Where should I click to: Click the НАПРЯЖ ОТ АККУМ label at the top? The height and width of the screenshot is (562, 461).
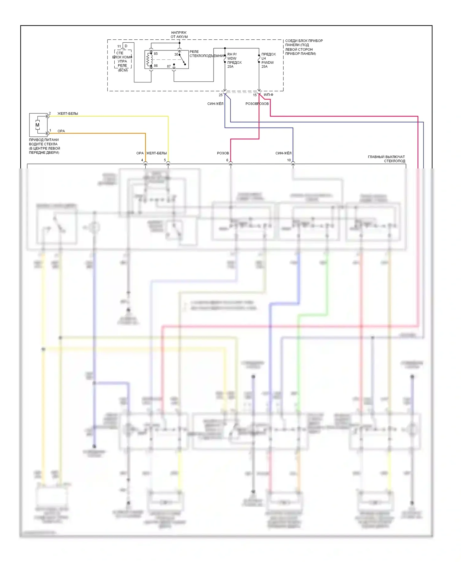pyautogui.click(x=179, y=34)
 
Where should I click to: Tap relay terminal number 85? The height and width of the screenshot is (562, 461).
pyautogui.click(x=156, y=54)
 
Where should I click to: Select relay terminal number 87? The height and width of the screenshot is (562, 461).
pyautogui.click(x=169, y=66)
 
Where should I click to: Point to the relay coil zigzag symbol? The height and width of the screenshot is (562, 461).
pyautogui.click(x=149, y=60)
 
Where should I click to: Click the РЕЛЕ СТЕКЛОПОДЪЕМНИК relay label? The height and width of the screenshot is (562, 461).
pyautogui.click(x=207, y=54)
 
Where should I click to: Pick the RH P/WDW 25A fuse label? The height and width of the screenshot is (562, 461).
pyautogui.click(x=234, y=60)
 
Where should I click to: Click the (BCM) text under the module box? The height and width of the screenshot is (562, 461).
pyautogui.click(x=123, y=70)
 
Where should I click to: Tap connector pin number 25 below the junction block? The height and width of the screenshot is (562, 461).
pyautogui.click(x=221, y=95)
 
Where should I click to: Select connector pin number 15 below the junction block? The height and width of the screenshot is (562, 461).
pyautogui.click(x=255, y=95)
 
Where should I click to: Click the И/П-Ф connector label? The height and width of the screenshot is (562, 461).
pyautogui.click(x=268, y=95)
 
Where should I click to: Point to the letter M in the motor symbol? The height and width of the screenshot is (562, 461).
pyautogui.click(x=37, y=125)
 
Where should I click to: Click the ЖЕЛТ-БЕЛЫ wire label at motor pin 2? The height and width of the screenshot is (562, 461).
pyautogui.click(x=68, y=114)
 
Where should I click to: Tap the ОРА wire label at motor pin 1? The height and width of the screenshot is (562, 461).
pyautogui.click(x=61, y=131)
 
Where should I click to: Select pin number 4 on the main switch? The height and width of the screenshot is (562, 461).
pyautogui.click(x=142, y=160)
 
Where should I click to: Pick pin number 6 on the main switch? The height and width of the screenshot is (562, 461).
pyautogui.click(x=227, y=160)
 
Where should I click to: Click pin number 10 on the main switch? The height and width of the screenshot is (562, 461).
pyautogui.click(x=289, y=160)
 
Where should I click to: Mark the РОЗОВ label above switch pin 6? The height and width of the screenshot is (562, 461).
pyautogui.click(x=223, y=153)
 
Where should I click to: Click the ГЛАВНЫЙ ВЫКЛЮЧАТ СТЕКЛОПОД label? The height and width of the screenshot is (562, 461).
pyautogui.click(x=386, y=159)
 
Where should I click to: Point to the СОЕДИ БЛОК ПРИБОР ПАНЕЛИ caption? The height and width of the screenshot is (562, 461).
pyautogui.click(x=304, y=47)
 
